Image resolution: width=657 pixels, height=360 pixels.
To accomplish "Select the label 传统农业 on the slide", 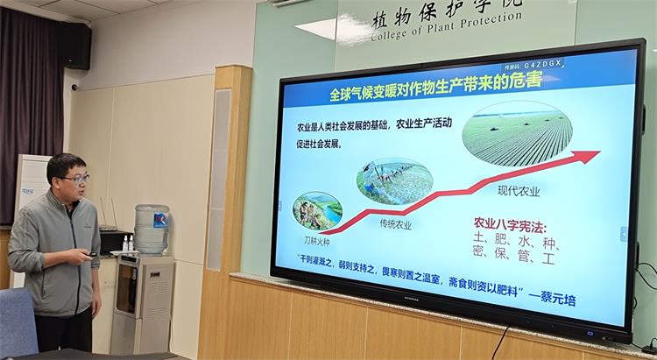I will [395, 224].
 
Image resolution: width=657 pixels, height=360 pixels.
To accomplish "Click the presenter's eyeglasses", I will [74, 179].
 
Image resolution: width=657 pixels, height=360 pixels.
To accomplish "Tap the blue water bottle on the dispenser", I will [152, 229].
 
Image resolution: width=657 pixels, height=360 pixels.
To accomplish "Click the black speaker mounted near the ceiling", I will [75, 46].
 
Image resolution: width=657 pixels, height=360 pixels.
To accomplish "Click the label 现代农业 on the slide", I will [519, 191].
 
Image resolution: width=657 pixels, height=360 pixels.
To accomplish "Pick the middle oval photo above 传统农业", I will [394, 181].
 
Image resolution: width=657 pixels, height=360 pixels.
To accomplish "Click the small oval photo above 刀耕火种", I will [317, 211].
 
